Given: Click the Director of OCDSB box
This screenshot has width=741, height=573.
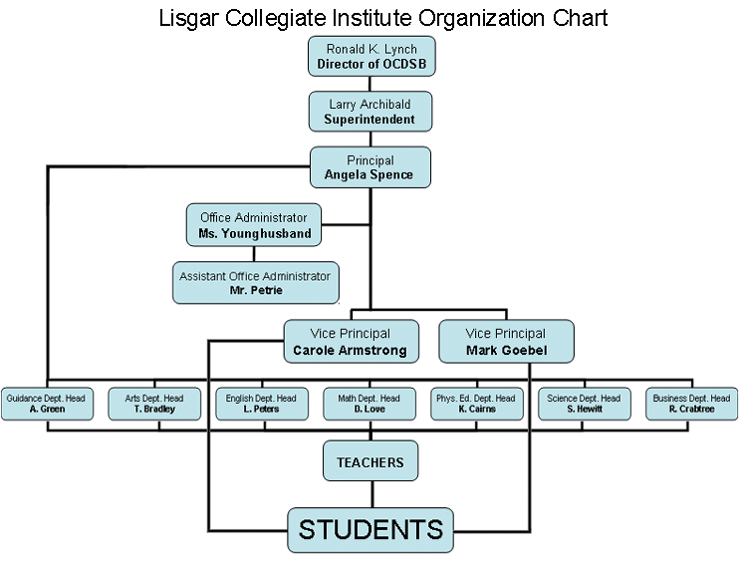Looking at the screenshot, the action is (371, 56).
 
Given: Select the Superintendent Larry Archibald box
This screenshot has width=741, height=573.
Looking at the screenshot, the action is (370, 112).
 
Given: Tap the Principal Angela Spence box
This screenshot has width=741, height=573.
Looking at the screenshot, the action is (370, 167).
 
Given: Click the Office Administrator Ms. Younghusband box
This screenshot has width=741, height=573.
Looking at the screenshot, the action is (254, 225).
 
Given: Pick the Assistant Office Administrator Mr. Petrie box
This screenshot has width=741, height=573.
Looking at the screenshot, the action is (256, 283).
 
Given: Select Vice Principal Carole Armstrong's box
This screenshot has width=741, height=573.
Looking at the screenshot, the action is (352, 342).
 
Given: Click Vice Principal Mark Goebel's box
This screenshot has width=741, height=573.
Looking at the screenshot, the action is (507, 342).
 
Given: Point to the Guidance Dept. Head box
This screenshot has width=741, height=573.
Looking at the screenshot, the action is (47, 405).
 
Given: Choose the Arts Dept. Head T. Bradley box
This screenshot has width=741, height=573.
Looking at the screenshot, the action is (154, 405).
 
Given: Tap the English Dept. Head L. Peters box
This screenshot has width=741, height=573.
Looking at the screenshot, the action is (262, 405).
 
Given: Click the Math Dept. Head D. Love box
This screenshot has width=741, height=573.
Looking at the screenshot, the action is (370, 405).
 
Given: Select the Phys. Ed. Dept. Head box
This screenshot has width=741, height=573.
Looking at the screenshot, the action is (477, 405).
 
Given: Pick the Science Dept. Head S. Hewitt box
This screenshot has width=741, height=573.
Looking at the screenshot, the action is (585, 405).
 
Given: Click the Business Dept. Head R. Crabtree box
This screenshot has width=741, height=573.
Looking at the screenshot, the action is (692, 405).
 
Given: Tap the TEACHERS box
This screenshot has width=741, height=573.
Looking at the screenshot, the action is (370, 461).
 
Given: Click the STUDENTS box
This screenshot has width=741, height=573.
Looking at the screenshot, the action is (370, 530).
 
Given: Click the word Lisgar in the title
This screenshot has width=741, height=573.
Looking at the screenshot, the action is (188, 19).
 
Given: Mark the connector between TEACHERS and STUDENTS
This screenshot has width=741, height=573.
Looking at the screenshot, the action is (372, 494).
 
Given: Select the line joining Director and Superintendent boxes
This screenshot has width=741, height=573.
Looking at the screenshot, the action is (370, 84).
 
